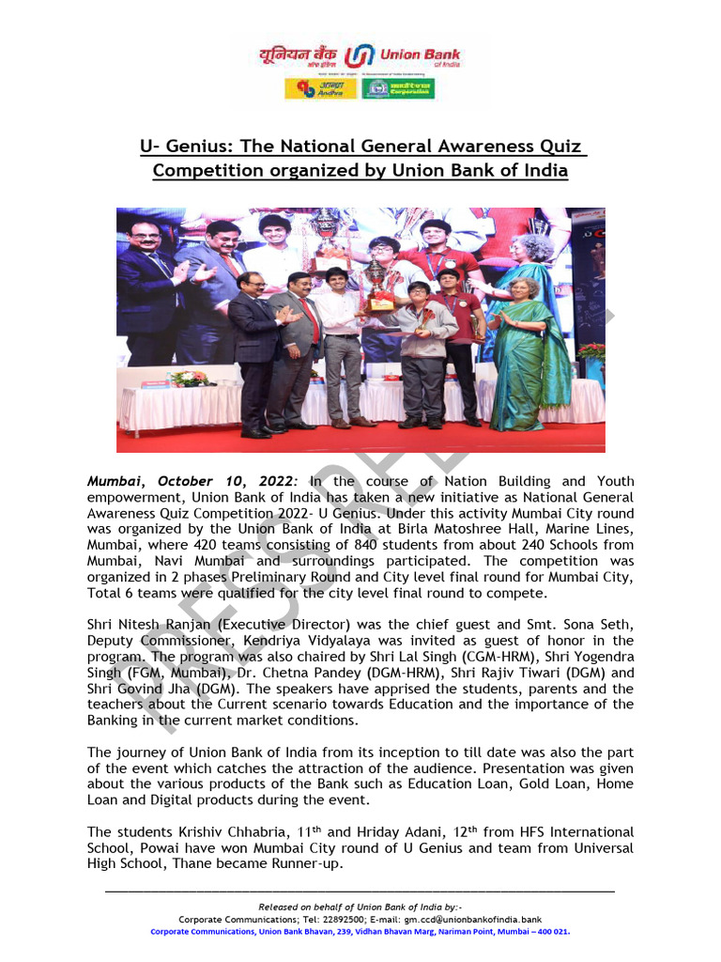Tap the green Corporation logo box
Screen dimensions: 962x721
(x=397, y=89)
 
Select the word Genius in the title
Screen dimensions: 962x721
(x=197, y=147)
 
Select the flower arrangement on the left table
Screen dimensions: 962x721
(x=188, y=378)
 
